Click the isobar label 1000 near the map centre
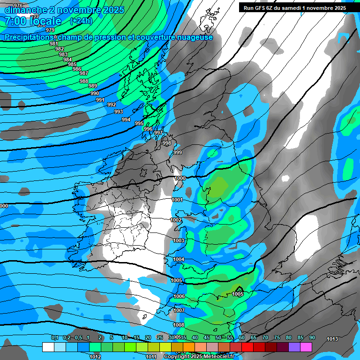point(180,178)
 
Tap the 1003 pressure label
point(179,240)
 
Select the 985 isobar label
point(72,64)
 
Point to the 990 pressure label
point(95,93)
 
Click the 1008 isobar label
point(179,325)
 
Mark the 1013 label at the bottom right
point(332,339)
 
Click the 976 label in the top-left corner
point(18,6)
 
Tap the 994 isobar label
point(126,120)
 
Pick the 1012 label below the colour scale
point(95,357)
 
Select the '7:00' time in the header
point(17,21)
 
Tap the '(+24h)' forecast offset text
point(81,21)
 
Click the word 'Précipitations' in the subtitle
point(28,37)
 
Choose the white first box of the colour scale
point(48,347)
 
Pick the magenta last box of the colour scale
point(306,347)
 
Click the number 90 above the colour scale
point(312,337)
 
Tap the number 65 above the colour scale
point(254,337)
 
